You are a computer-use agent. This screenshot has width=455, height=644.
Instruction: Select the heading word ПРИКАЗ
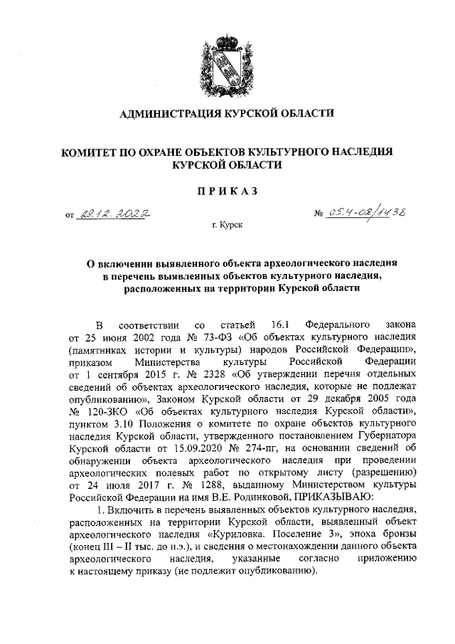(x=227, y=190)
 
